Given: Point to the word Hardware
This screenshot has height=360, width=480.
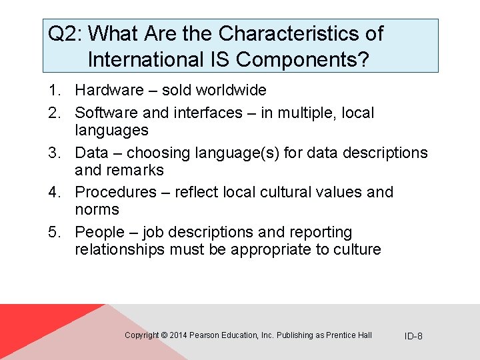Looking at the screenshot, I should (109, 90).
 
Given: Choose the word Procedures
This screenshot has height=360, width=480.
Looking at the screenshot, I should (115, 192).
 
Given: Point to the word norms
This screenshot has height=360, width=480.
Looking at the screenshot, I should (97, 209).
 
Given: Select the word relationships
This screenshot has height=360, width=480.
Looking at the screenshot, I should (117, 249).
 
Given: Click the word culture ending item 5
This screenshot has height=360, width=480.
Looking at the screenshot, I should (357, 249).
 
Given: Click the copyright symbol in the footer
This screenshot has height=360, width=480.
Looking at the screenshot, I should (164, 335).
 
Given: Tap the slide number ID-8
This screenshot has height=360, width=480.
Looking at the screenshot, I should (413, 335).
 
